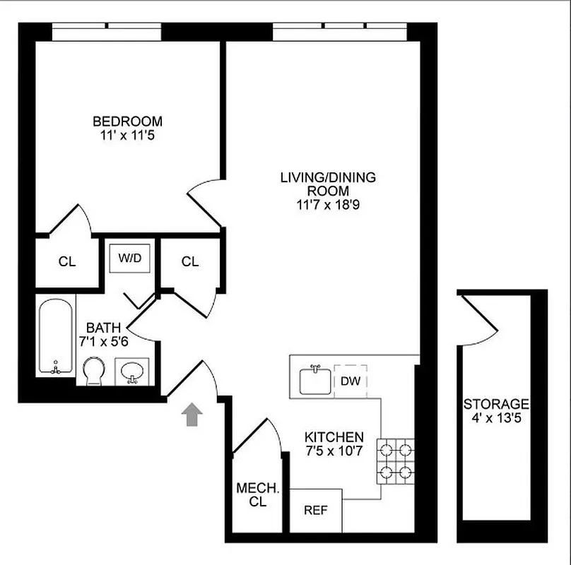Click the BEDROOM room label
point(127,121)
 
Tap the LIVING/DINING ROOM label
point(327,177)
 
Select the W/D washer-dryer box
point(129,258)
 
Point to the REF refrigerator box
point(315,510)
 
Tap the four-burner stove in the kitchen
point(396,461)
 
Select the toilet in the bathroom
point(93,371)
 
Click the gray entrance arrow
point(191,415)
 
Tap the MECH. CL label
point(251,494)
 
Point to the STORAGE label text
point(496,405)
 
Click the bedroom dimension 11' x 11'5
point(127,134)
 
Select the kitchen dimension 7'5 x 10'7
point(334,451)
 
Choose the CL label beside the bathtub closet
point(67,262)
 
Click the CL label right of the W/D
point(190,262)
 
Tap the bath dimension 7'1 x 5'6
point(104,341)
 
